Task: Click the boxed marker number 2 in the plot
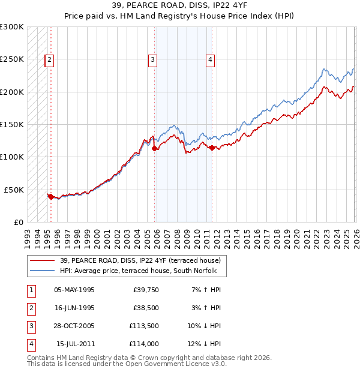[49, 59]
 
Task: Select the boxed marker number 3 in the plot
[153, 59]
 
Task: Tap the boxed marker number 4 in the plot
[211, 59]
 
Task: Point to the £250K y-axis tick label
[12, 59]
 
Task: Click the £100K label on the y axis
[12, 157]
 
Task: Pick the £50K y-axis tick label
[14, 190]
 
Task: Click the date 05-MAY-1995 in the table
[74, 290]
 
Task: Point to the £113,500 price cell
[143, 326]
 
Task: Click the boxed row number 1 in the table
[31, 290]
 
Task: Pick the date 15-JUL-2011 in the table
[74, 344]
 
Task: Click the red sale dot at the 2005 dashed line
[155, 148]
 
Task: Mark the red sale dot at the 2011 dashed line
[212, 148]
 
